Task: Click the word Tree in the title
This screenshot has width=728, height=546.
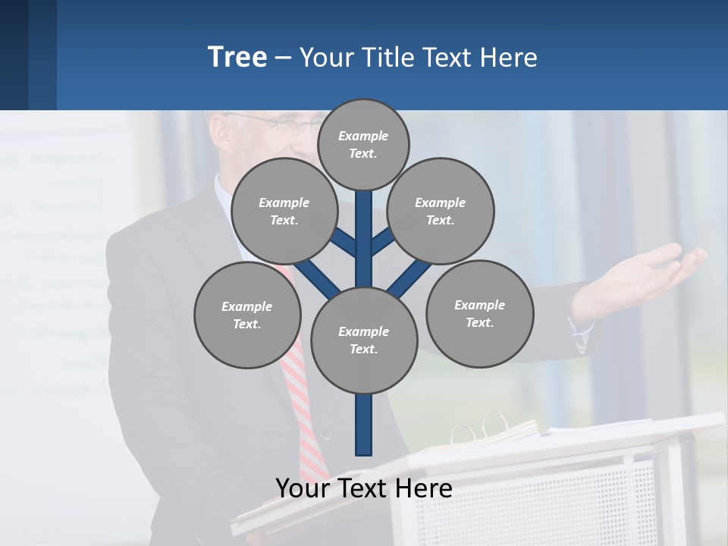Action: point(237,58)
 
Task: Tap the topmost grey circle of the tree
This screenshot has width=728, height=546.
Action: point(363,144)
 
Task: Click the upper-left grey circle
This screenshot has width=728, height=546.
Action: point(284,211)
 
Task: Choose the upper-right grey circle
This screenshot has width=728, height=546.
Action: point(441,211)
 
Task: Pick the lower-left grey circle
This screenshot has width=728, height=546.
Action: point(247,315)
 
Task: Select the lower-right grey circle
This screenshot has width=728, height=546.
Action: point(479,313)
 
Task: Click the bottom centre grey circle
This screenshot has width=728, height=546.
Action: point(364,340)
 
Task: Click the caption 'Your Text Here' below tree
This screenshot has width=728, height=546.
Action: point(364,488)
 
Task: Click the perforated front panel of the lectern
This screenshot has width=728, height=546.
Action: point(576,500)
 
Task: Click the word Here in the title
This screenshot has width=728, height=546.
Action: point(508,58)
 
